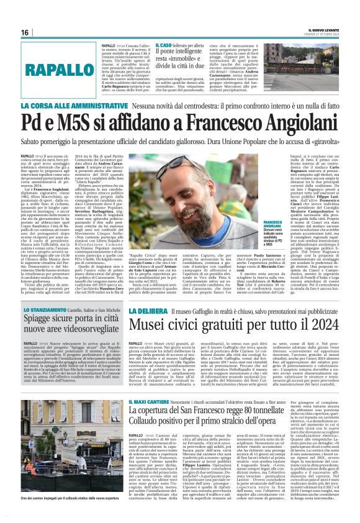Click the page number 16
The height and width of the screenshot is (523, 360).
25,32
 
